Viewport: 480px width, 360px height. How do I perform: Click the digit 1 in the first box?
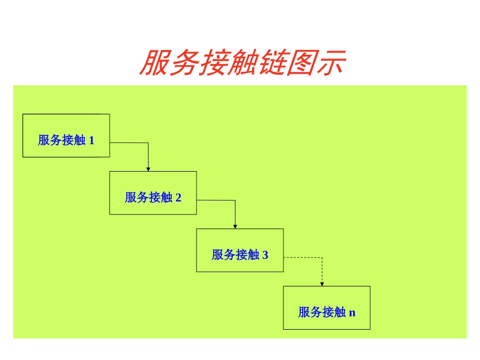point(91,140)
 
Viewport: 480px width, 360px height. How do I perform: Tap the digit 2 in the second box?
point(178,198)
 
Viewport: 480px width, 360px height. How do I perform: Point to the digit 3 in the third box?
point(265,255)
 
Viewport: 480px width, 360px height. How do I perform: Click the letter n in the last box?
point(352,313)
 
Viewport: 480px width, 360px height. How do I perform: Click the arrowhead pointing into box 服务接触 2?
point(149,169)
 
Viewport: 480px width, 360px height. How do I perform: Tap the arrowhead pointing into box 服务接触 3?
point(235,226)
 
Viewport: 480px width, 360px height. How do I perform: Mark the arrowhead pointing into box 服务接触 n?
point(322,284)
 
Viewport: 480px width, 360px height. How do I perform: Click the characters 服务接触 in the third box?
point(235,255)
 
